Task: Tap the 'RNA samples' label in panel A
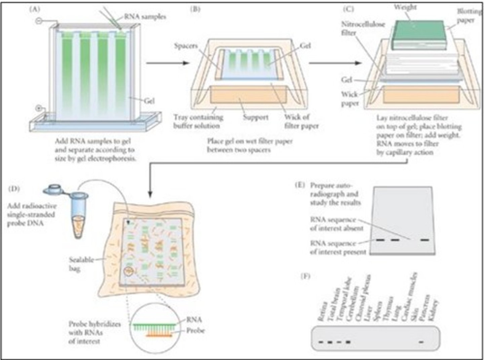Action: click(145, 16)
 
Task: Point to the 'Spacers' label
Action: click(186, 46)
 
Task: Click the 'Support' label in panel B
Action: click(255, 117)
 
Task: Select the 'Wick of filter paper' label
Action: click(301, 121)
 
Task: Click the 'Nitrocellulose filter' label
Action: click(363, 28)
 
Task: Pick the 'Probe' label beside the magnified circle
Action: click(195, 331)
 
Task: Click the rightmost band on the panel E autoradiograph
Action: click(425, 240)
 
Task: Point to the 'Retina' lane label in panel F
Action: click(322, 312)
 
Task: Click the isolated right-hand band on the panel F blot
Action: click(421, 342)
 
